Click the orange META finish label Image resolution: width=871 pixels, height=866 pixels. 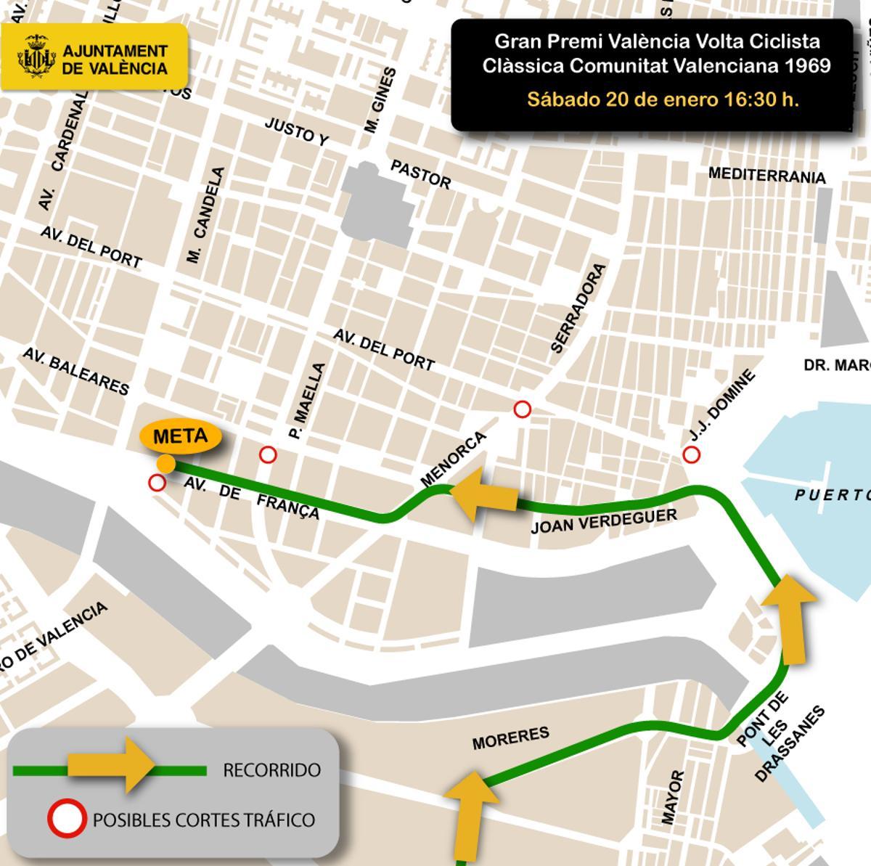(180, 437)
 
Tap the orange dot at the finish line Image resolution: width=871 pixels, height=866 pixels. (166, 463)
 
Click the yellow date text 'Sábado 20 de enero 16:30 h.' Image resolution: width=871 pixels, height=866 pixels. (663, 99)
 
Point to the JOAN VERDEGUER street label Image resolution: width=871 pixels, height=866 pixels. (604, 520)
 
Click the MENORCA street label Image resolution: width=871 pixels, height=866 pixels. (453, 460)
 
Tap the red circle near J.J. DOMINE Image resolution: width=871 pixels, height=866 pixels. (691, 455)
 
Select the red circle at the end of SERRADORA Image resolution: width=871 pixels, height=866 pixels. (522, 409)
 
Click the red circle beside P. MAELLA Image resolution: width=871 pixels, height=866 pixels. (268, 455)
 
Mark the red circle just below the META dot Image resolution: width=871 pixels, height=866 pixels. (156, 483)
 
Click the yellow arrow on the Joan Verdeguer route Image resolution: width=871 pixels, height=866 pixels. (484, 494)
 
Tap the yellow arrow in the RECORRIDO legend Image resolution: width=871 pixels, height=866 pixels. (111, 764)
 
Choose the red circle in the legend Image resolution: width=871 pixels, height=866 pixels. (67, 820)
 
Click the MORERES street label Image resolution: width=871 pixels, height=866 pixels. (511, 738)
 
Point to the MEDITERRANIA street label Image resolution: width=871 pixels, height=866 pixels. (766, 176)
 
